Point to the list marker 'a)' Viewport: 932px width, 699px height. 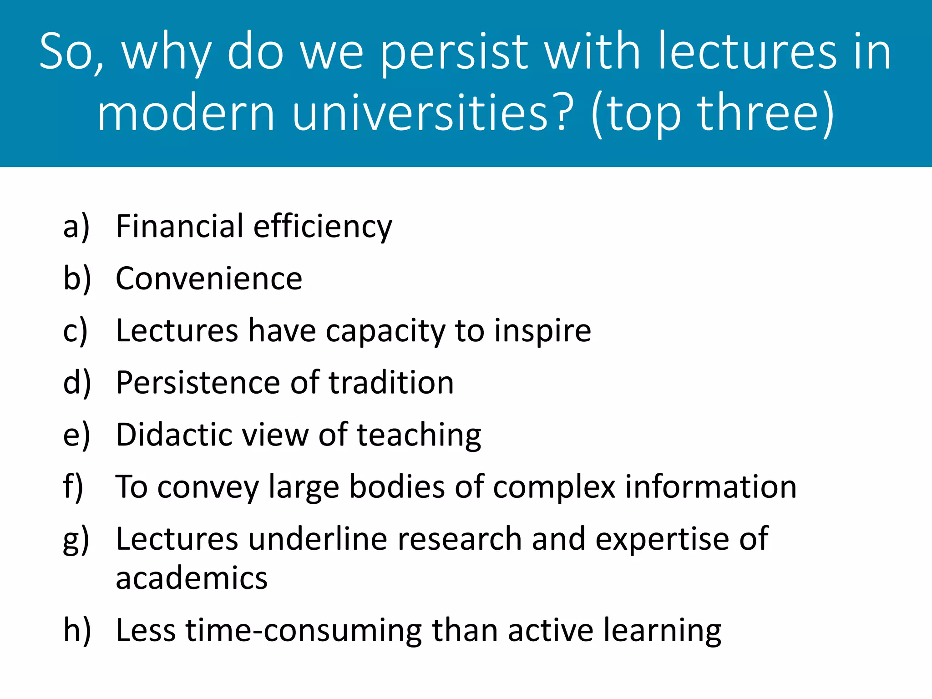tap(76, 227)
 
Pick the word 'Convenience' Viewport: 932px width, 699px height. tap(209, 279)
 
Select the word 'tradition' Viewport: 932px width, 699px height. tap(391, 382)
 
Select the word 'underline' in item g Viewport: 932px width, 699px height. tap(318, 539)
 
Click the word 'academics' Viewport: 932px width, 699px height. tap(192, 578)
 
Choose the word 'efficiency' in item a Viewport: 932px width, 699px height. tap(322, 227)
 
